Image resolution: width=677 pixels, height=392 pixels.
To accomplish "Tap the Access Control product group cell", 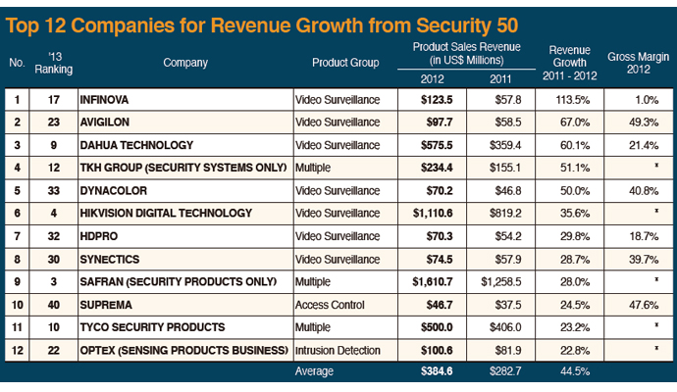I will pos(332,304).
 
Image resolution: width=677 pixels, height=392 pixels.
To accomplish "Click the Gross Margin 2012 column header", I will pos(640,55).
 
